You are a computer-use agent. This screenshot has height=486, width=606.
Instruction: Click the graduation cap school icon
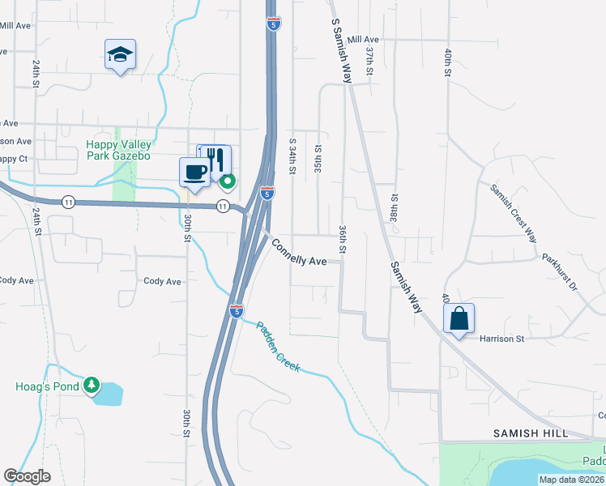pyautogui.click(x=120, y=55)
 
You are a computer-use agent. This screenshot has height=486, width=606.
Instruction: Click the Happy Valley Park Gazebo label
pyautogui.click(x=118, y=150)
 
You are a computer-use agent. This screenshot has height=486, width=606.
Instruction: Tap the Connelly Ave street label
pyautogui.click(x=299, y=253)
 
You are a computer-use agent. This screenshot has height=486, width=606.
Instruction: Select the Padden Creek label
pyautogui.click(x=278, y=347)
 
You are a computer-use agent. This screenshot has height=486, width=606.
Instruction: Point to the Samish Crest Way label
pyautogui.click(x=513, y=212)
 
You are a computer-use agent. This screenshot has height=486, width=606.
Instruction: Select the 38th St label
pyautogui.click(x=395, y=208)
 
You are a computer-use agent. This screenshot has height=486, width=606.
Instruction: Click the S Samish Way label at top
pyautogui.click(x=340, y=49)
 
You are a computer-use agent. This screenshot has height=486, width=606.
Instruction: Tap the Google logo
pyautogui.click(x=27, y=476)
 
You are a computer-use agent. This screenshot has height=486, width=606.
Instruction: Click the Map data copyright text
pyautogui.click(x=571, y=480)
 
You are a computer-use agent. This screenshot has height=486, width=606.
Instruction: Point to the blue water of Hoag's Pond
pyautogui.click(x=110, y=394)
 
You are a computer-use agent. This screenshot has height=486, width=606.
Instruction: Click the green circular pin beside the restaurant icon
pyautogui.click(x=228, y=181)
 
